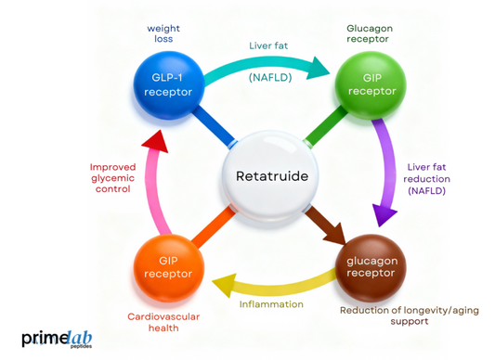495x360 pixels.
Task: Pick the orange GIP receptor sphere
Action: click(168, 267)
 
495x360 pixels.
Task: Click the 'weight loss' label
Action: click(163, 33)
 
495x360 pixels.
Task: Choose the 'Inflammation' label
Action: click(271, 303)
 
